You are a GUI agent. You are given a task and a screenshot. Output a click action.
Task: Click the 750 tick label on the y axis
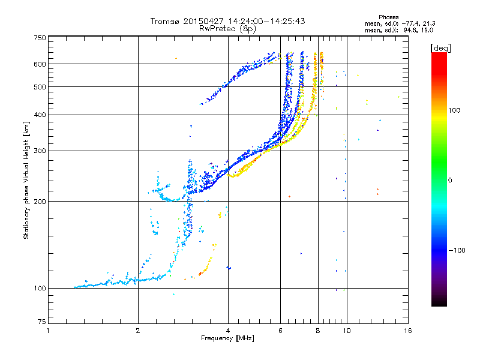pyautogui.click(x=40, y=38)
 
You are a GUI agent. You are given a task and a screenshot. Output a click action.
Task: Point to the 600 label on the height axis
pyautogui.click(x=40, y=64)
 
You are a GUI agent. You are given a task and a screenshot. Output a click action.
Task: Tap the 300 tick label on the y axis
pyautogui.click(x=40, y=151)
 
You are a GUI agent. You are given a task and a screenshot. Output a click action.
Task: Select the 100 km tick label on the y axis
pyautogui.click(x=40, y=289)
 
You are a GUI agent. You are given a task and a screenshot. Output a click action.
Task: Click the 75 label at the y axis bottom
pyautogui.click(x=42, y=322)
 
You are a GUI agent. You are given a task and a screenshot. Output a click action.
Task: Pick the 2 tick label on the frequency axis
pyautogui.click(x=138, y=331)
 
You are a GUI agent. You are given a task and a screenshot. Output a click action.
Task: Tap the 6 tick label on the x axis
pyautogui.click(x=280, y=331)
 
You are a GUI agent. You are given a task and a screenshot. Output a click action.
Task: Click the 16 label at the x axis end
pyautogui.click(x=408, y=331)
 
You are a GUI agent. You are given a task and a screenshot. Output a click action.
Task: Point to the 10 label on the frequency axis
pyautogui.click(x=347, y=331)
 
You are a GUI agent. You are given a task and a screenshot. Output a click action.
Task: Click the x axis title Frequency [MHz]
pyautogui.click(x=227, y=338)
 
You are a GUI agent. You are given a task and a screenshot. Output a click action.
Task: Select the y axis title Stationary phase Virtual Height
pyautogui.click(x=26, y=189)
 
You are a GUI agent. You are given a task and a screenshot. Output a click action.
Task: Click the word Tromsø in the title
pyautogui.click(x=164, y=21)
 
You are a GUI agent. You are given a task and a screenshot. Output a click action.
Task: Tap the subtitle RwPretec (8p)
pyautogui.click(x=227, y=29)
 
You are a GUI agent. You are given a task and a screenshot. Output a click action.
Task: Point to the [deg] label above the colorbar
pyautogui.click(x=440, y=49)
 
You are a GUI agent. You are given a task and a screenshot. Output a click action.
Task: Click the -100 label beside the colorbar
pyautogui.click(x=457, y=250)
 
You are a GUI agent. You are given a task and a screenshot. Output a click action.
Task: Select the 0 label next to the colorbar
pyautogui.click(x=450, y=181)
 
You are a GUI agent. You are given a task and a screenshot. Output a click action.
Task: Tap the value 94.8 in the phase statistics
pyautogui.click(x=409, y=31)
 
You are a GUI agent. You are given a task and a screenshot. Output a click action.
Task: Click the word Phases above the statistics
pyautogui.click(x=388, y=17)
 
